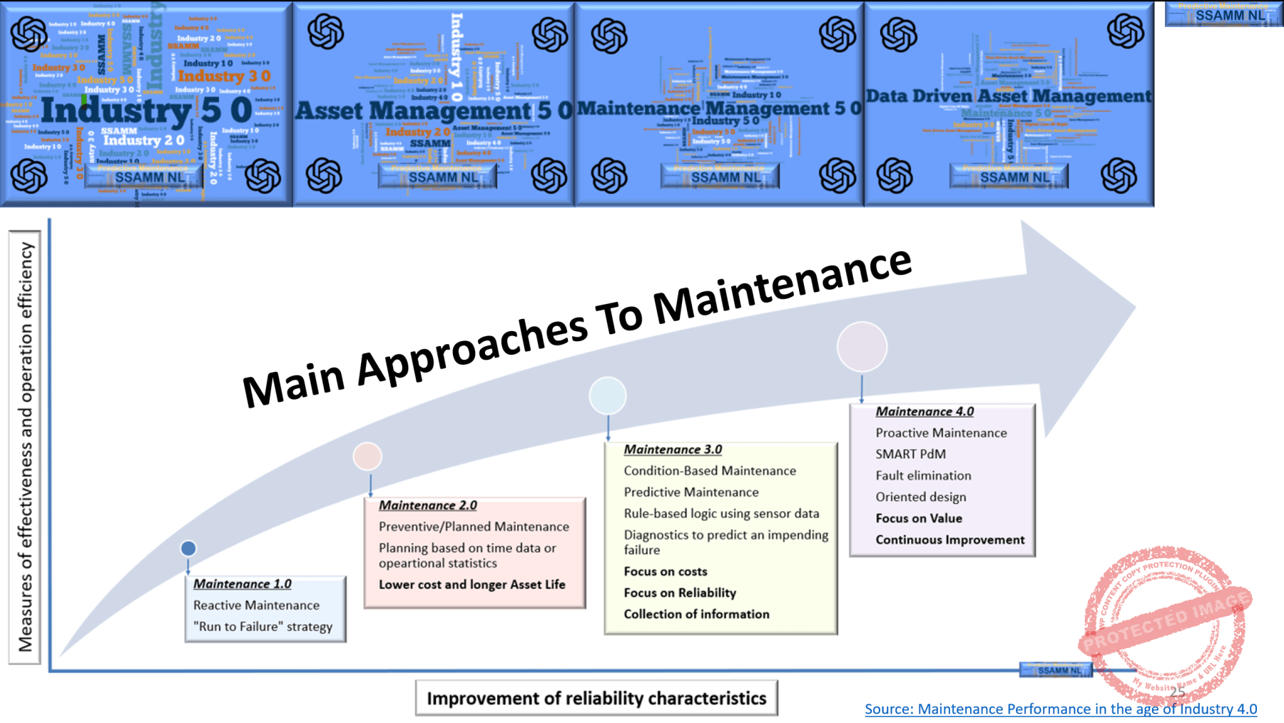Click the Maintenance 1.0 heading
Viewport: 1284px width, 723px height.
[x=242, y=584]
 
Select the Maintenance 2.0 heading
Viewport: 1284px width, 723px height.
[x=427, y=505]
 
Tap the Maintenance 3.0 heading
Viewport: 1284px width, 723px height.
[x=673, y=450]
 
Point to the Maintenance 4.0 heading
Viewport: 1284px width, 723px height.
[x=924, y=412]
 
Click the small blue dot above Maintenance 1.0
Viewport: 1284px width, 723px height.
[x=188, y=548]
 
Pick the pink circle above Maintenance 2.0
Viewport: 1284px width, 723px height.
[x=367, y=456]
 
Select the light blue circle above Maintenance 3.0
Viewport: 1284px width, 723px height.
[x=608, y=395]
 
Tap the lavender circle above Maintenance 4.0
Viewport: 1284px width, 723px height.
[x=862, y=347]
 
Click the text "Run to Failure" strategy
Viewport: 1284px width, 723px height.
[x=263, y=627]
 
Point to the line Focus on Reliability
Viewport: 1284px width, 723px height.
[x=679, y=593]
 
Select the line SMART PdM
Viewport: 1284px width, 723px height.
[x=910, y=454]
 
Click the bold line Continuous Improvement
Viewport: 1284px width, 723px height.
[x=949, y=540]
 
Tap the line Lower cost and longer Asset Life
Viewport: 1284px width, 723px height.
[x=472, y=585]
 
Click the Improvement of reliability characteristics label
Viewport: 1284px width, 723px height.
[x=596, y=698]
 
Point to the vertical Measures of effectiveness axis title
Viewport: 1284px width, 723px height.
[x=26, y=446]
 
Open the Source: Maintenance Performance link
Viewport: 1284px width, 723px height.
[x=1060, y=709]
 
